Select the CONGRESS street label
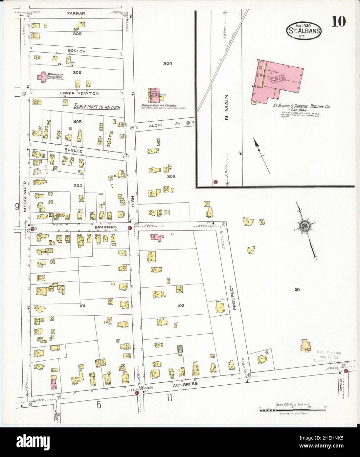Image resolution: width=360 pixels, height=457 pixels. (185, 384)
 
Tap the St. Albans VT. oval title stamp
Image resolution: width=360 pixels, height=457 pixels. (304, 30)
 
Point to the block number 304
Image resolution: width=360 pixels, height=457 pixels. (168, 64)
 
